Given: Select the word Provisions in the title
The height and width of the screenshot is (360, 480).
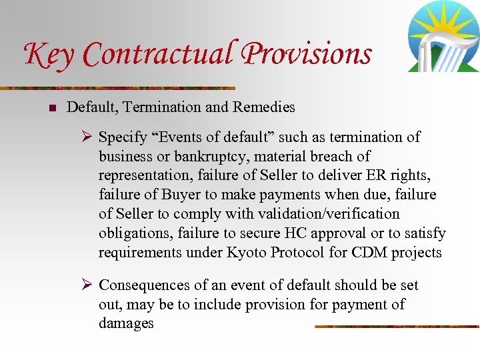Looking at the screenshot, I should (x=307, y=53).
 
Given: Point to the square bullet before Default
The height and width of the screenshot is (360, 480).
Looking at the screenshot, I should (x=52, y=107).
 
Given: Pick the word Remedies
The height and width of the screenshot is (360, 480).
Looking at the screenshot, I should (x=263, y=107).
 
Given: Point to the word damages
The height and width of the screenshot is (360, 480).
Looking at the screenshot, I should (x=126, y=323).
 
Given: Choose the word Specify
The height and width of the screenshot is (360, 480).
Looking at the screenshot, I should (x=123, y=137).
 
